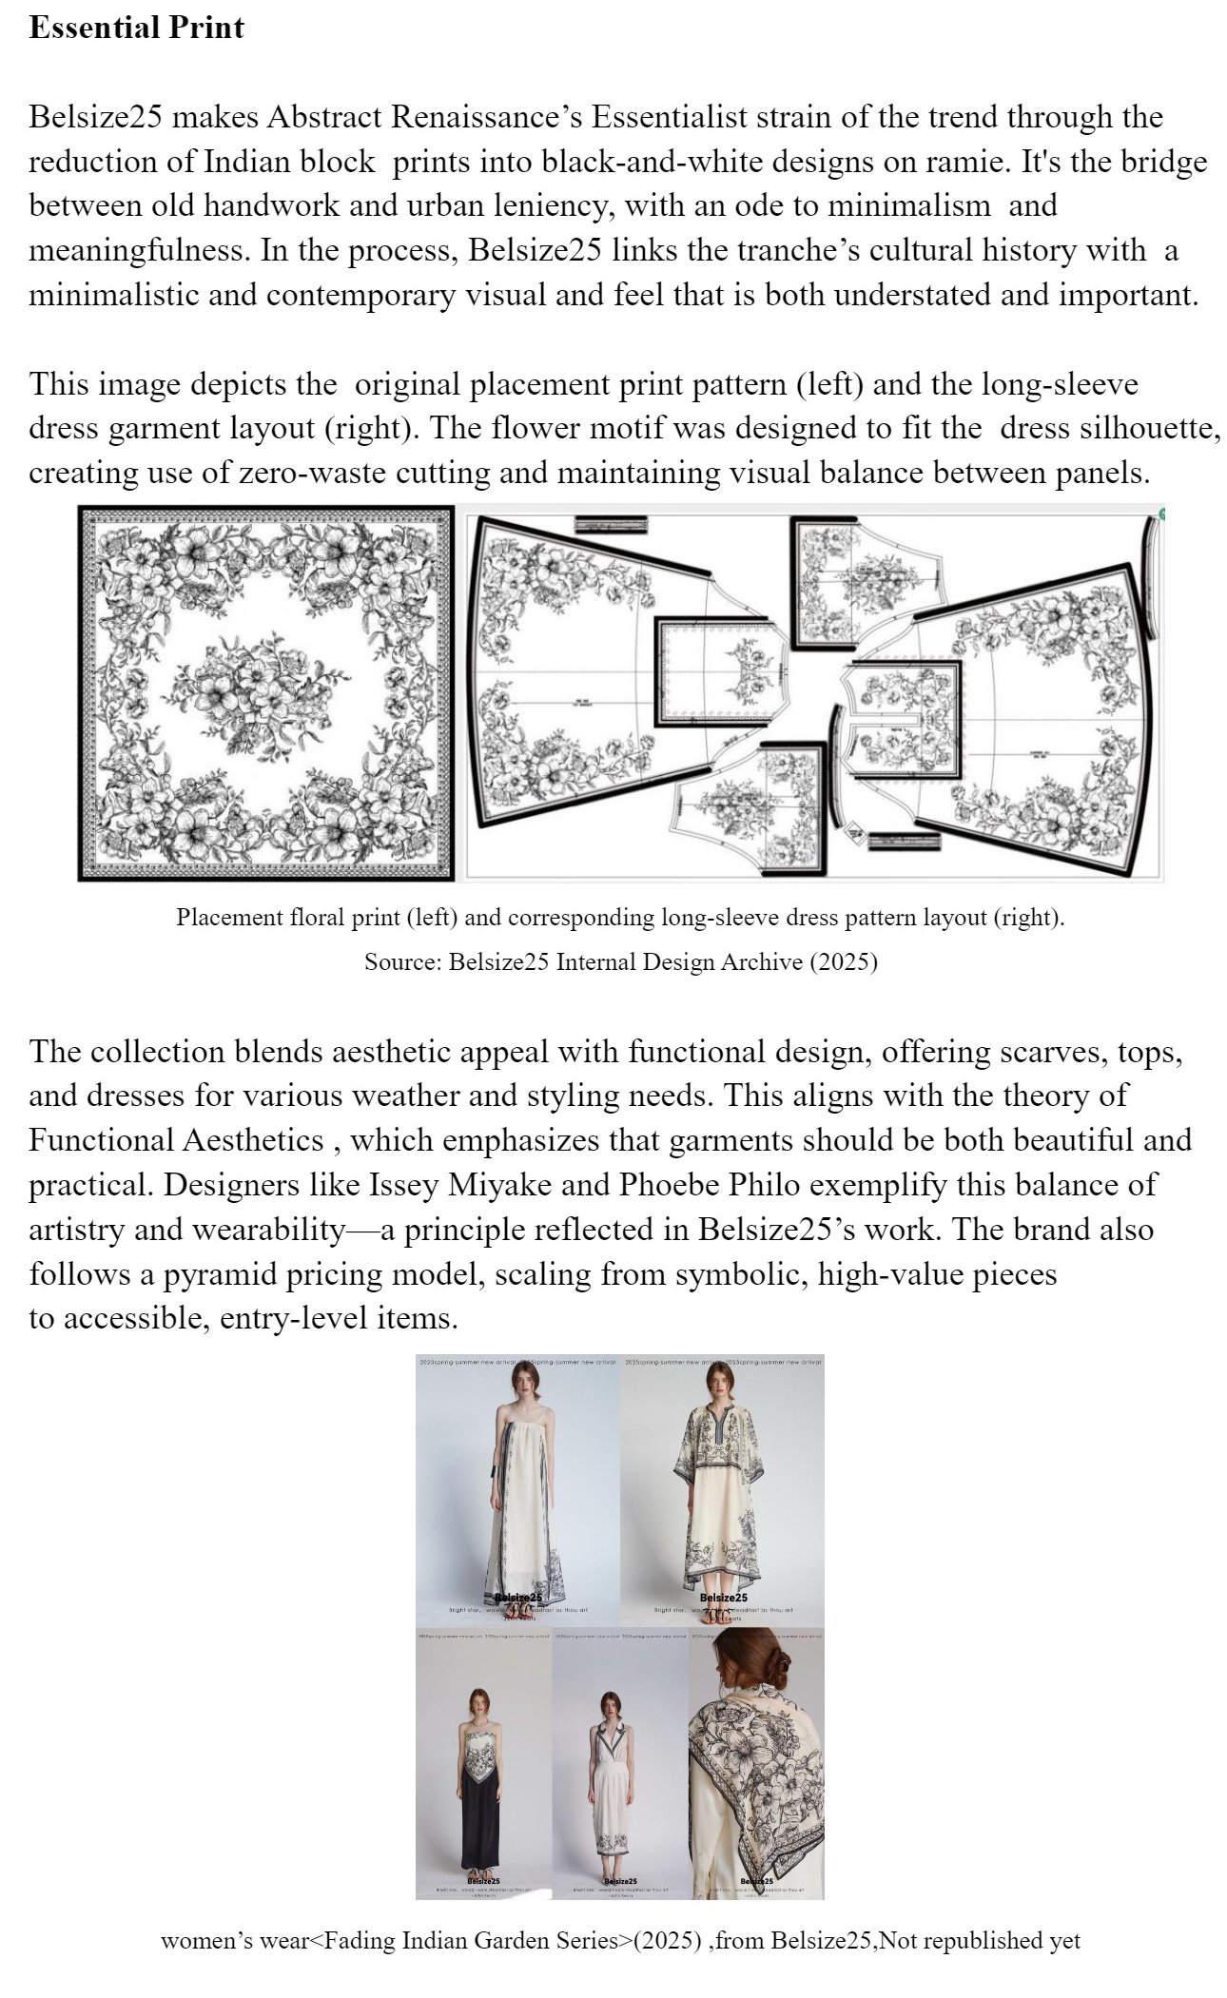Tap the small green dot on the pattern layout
click(1162, 514)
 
